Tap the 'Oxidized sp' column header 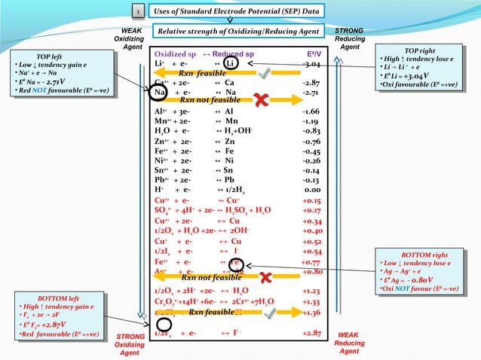[x=176, y=54]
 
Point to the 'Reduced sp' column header [x=234, y=54]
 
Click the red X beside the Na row [x=262, y=99]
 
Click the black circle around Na [x=158, y=93]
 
